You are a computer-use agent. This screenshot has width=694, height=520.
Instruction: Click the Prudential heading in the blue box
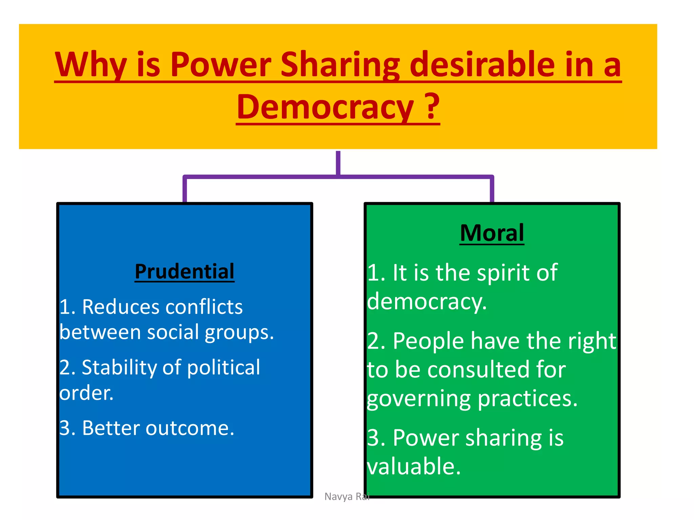tap(184, 271)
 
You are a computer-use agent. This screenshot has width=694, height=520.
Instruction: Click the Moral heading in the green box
tap(492, 233)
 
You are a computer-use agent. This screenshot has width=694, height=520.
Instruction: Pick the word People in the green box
tap(428, 341)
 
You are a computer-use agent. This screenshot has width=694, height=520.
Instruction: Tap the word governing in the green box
tap(419, 399)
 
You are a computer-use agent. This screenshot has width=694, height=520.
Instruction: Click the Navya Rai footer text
tap(347, 496)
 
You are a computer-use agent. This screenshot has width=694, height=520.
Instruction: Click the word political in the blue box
tap(224, 367)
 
